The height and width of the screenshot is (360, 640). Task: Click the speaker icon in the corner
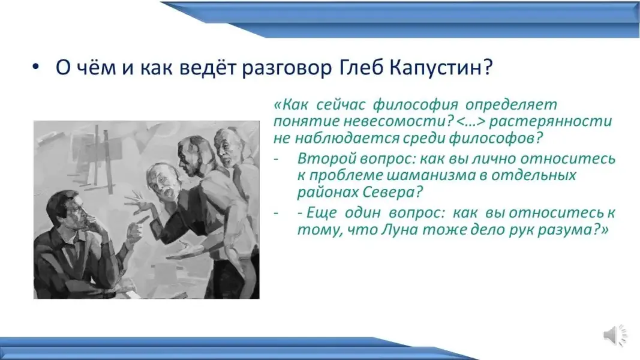point(615,335)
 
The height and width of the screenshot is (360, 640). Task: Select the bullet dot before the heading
point(36,67)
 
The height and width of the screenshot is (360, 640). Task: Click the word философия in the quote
point(416,105)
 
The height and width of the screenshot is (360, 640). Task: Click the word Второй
point(321,158)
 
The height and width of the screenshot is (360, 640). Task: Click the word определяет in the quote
point(511,105)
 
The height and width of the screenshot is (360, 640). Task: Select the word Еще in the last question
point(323,212)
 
